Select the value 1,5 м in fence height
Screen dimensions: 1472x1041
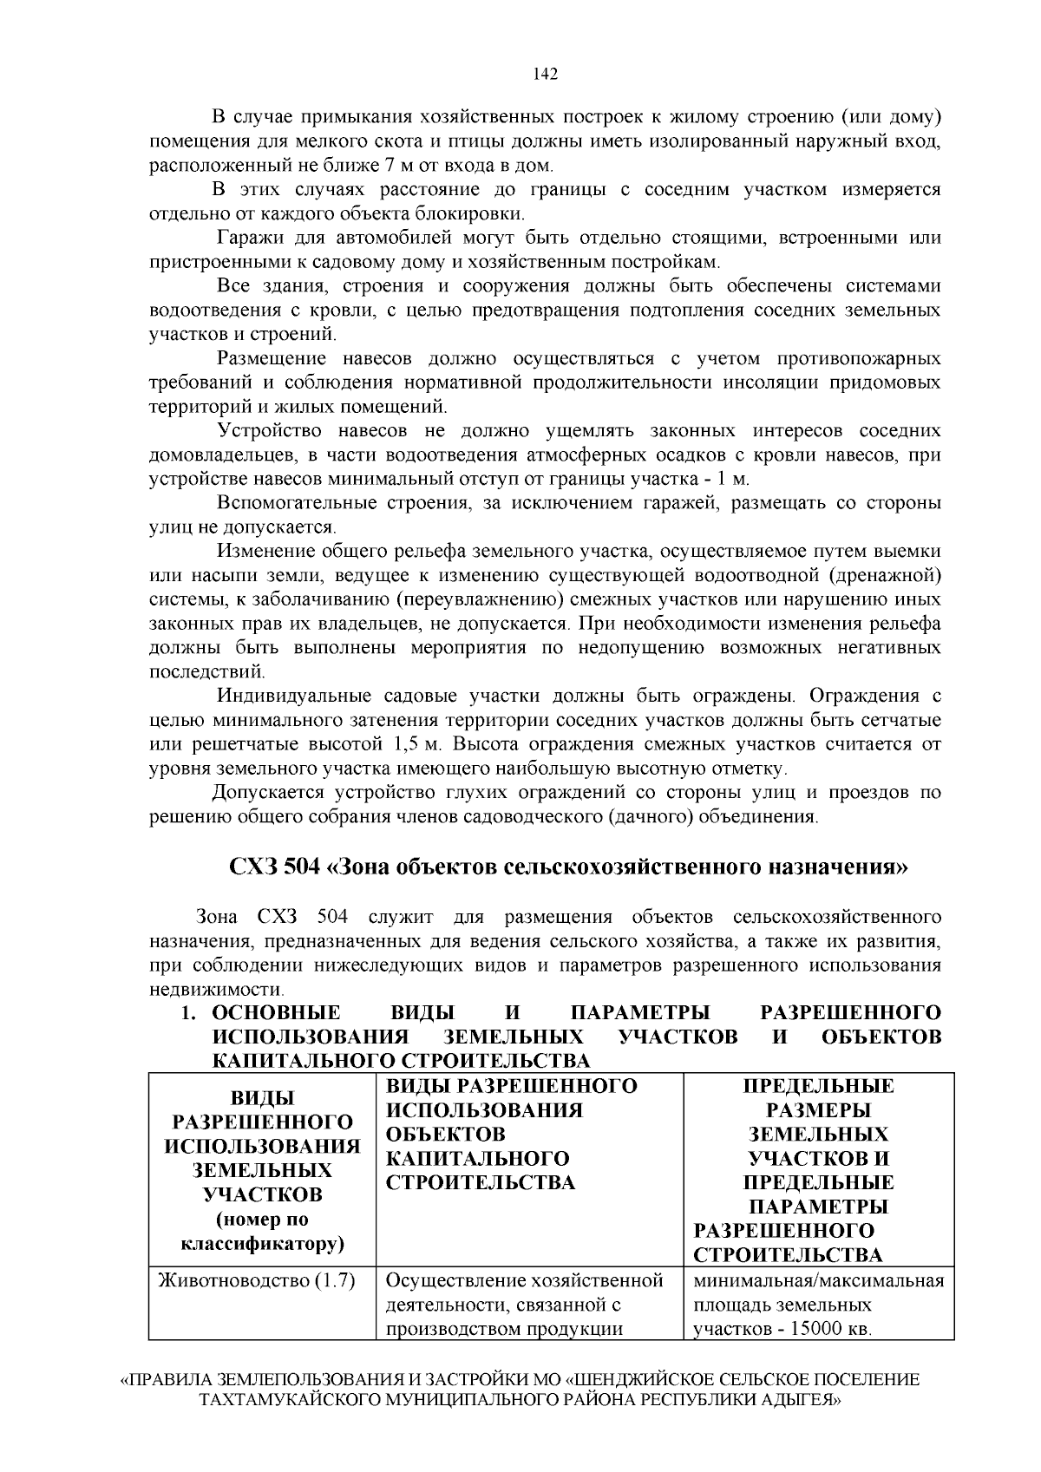418,744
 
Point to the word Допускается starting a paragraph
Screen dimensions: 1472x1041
269,792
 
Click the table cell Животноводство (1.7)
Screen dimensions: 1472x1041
257,1280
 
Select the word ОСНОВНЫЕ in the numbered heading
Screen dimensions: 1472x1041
277,1013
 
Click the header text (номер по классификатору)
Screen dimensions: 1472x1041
262,1233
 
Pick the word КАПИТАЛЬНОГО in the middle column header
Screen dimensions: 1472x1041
477,1159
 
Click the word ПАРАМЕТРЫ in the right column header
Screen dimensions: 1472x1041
818,1207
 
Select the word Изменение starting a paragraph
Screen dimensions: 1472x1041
266,551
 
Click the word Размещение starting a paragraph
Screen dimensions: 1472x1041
272,358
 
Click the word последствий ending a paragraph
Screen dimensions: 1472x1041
206,672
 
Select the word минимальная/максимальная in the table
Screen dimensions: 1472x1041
818,1280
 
